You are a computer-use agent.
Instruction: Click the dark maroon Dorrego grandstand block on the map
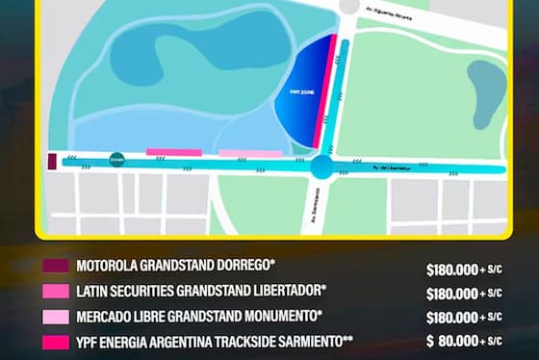(x=51, y=161)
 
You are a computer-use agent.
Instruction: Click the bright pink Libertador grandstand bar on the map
(x=173, y=152)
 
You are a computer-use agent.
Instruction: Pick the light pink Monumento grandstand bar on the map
(x=250, y=153)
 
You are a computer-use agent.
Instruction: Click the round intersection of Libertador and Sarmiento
(x=321, y=168)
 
